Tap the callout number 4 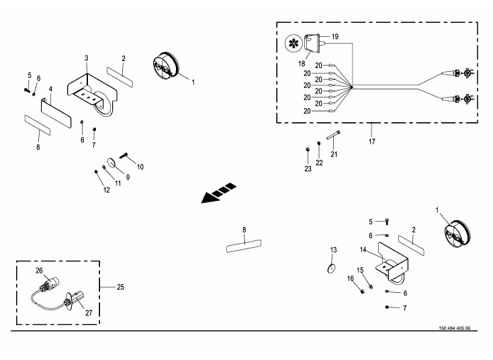click(x=50, y=89)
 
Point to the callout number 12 click(x=106, y=190)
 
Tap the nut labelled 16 click(x=361, y=291)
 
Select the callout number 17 click(x=371, y=142)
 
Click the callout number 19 click(x=335, y=36)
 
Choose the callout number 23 click(x=308, y=169)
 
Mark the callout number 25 click(x=121, y=287)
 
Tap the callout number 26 click(x=39, y=271)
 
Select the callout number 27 click(x=89, y=313)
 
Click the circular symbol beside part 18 click(x=293, y=43)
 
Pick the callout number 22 click(x=319, y=163)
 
